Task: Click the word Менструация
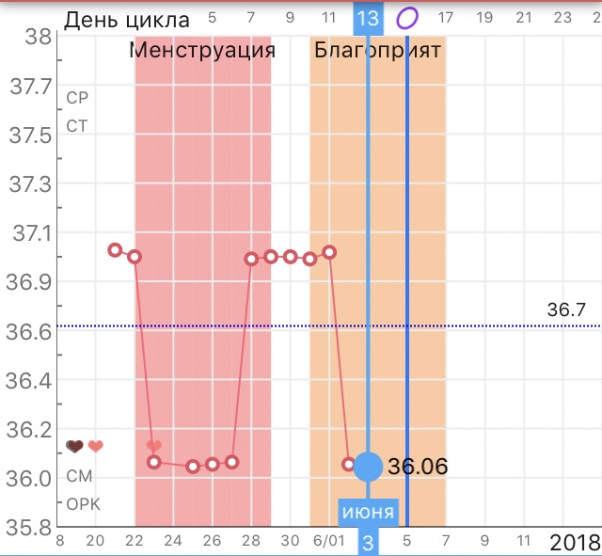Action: pyautogui.click(x=202, y=50)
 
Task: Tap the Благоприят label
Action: pyautogui.click(x=376, y=50)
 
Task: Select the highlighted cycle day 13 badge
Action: pyautogui.click(x=369, y=18)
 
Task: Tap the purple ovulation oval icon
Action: pyautogui.click(x=407, y=18)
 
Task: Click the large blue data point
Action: pyautogui.click(x=369, y=466)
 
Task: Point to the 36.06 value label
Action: pyautogui.click(x=417, y=466)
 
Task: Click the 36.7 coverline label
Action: pyautogui.click(x=565, y=310)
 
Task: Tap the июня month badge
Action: pyautogui.click(x=369, y=514)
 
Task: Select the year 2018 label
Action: pyautogui.click(x=575, y=541)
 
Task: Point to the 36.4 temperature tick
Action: pyautogui.click(x=30, y=380)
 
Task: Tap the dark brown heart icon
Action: pyautogui.click(x=75, y=446)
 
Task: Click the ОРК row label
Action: pyautogui.click(x=83, y=503)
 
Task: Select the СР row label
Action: pyautogui.click(x=76, y=98)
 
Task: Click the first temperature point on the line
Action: pyautogui.click(x=115, y=250)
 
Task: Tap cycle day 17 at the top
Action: pyautogui.click(x=446, y=18)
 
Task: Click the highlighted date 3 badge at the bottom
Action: pyautogui.click(x=369, y=542)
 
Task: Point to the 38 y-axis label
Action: pyautogui.click(x=38, y=38)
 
